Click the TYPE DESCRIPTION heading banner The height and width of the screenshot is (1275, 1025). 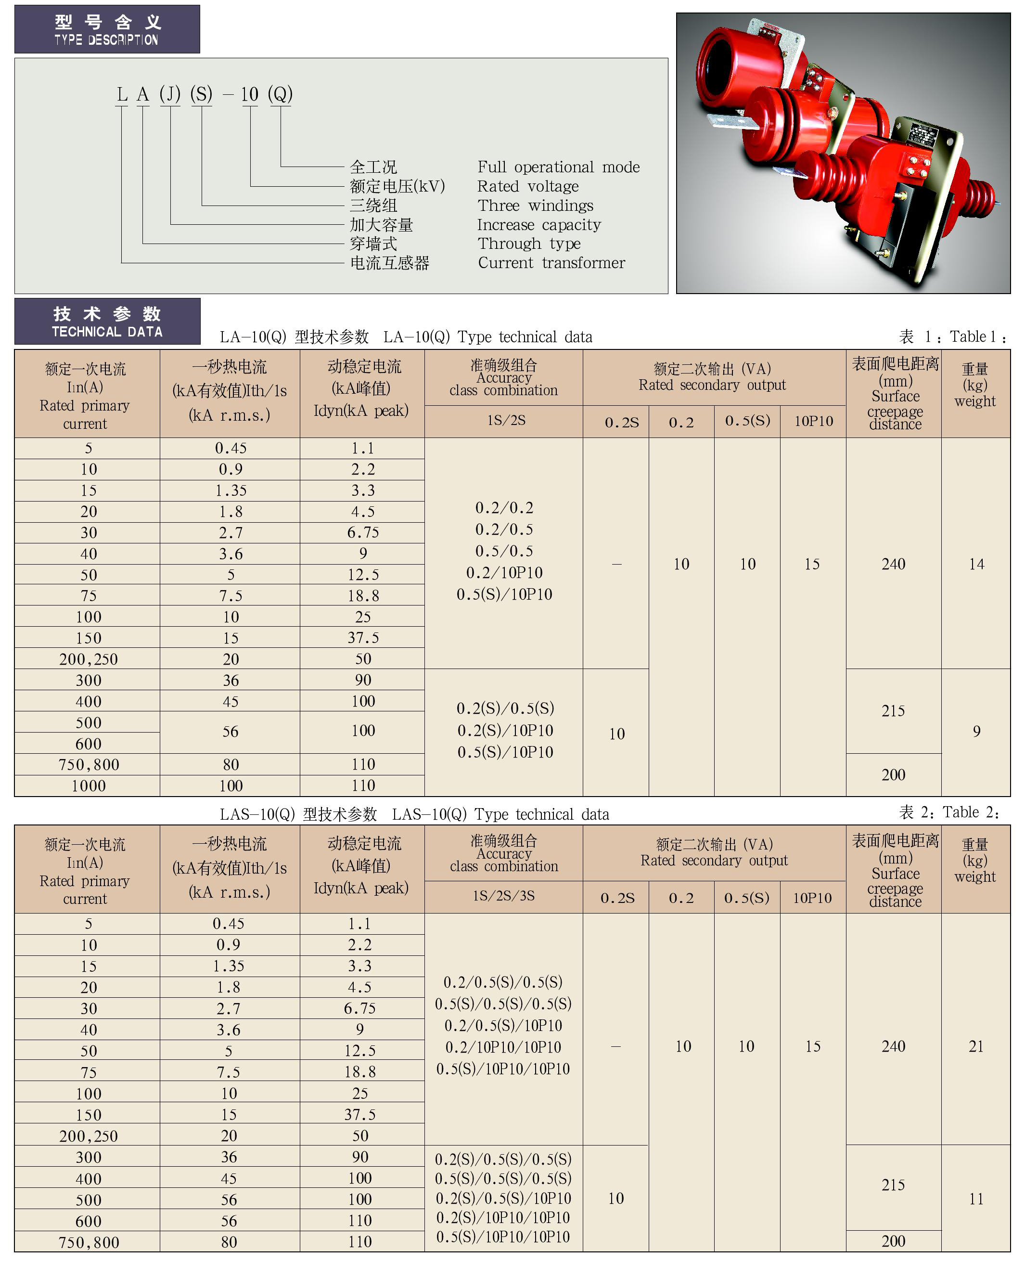pos(107,29)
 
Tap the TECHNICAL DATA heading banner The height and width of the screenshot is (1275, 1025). pos(107,321)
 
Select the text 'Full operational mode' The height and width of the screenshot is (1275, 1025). pos(558,167)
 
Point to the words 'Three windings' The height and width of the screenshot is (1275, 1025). pos(535,206)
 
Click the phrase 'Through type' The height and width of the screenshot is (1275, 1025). pos(529,244)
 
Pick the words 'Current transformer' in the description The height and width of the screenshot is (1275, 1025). pos(551,263)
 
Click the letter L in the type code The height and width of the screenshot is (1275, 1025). pos(122,95)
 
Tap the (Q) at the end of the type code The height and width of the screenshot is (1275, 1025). pos(280,95)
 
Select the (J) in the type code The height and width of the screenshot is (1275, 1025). pos(170,95)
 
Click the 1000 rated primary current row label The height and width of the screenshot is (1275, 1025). pos(89,786)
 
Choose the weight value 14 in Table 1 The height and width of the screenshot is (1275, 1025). pos(976,564)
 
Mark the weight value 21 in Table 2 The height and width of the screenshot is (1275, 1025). pos(976,1046)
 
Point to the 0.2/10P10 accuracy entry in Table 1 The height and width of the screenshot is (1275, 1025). pos(504,572)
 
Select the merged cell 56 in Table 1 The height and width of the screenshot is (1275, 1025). pos(231,732)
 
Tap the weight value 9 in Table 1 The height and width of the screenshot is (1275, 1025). pos(976,732)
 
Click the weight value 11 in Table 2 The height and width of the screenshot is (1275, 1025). pos(976,1199)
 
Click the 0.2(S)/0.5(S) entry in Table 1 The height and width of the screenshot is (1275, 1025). pos(505,708)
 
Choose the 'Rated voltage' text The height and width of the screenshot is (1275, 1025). pos(528,187)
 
